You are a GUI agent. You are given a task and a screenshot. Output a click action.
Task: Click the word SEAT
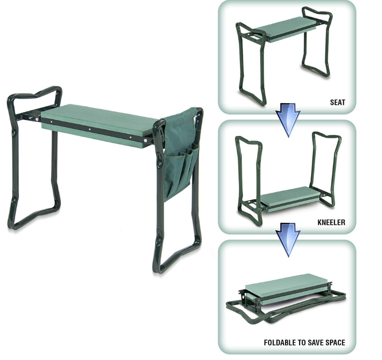pyautogui.click(x=337, y=102)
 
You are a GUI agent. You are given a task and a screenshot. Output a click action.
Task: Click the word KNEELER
pyautogui.click(x=331, y=223)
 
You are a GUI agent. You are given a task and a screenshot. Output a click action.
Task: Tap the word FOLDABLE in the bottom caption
pyautogui.click(x=279, y=343)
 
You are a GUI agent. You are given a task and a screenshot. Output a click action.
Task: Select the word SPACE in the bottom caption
pyautogui.click(x=335, y=343)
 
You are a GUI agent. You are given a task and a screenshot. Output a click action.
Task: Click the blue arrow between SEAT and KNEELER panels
pyautogui.click(x=288, y=119)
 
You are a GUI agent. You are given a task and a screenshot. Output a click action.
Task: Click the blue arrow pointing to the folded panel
pyautogui.click(x=288, y=239)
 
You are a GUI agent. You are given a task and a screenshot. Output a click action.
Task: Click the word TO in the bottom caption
pyautogui.click(x=301, y=343)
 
